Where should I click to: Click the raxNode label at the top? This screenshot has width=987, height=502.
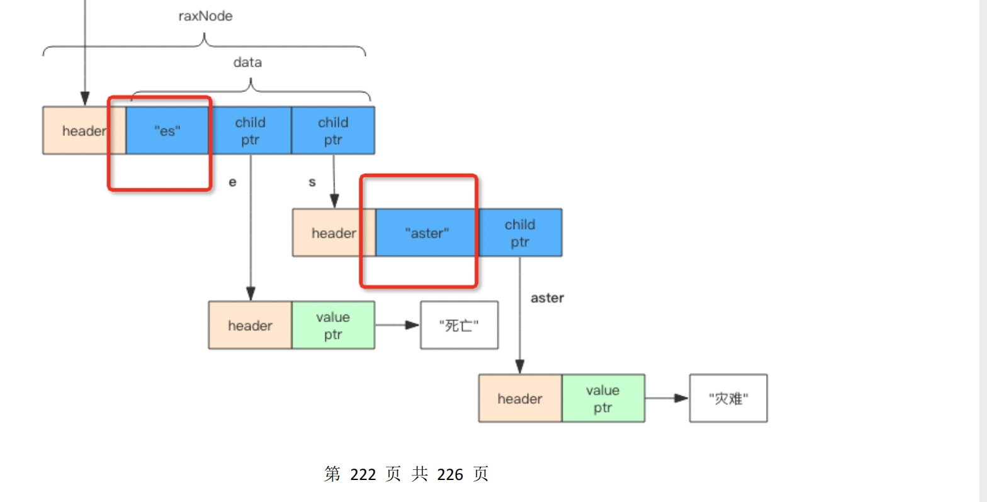tap(205, 16)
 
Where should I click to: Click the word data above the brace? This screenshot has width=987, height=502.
tap(247, 62)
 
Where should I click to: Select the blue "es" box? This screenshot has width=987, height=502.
tap(167, 131)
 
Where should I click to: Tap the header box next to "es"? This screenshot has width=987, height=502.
tap(84, 131)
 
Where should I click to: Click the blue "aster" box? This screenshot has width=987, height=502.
tap(427, 233)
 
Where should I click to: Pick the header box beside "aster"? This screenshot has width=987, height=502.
tap(334, 233)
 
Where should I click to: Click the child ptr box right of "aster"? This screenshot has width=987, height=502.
tap(520, 233)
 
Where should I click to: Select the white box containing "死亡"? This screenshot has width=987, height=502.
tap(459, 325)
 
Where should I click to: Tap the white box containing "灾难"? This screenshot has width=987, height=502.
tap(728, 398)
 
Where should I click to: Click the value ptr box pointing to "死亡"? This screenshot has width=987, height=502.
tap(333, 325)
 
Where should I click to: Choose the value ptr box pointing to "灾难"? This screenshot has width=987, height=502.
tap(602, 398)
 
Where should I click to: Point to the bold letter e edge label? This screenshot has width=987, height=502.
tap(232, 182)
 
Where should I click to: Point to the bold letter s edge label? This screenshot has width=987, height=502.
tap(312, 182)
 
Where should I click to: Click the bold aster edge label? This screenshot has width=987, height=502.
tap(547, 298)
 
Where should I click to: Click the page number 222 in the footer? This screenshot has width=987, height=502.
tap(363, 474)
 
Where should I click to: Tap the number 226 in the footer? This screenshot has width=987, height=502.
tap(450, 474)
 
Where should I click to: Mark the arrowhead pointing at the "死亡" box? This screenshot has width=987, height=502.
tap(412, 325)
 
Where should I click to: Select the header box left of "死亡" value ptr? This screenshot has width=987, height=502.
tap(250, 325)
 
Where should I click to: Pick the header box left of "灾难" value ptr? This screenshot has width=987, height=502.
tap(520, 398)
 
